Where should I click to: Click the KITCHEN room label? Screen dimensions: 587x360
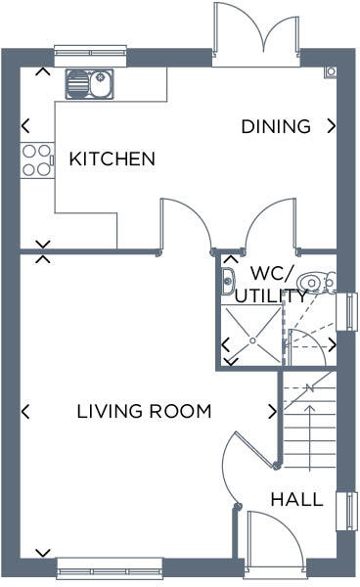pos(112,158)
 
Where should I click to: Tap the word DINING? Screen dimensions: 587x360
pos(276,126)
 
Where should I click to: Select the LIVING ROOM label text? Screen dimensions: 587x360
pos(144,411)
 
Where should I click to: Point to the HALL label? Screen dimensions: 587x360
pos(296,499)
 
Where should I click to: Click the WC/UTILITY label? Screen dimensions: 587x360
pos(279,283)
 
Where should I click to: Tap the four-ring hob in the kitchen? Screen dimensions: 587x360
pos(37,159)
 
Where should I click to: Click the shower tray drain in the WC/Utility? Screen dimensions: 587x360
pos(250,339)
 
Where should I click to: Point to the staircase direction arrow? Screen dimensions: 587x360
pos(309,411)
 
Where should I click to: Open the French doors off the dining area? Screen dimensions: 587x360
pos(256,34)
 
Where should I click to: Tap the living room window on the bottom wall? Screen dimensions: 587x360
pos(110,564)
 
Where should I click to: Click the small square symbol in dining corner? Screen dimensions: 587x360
pos(331,72)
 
